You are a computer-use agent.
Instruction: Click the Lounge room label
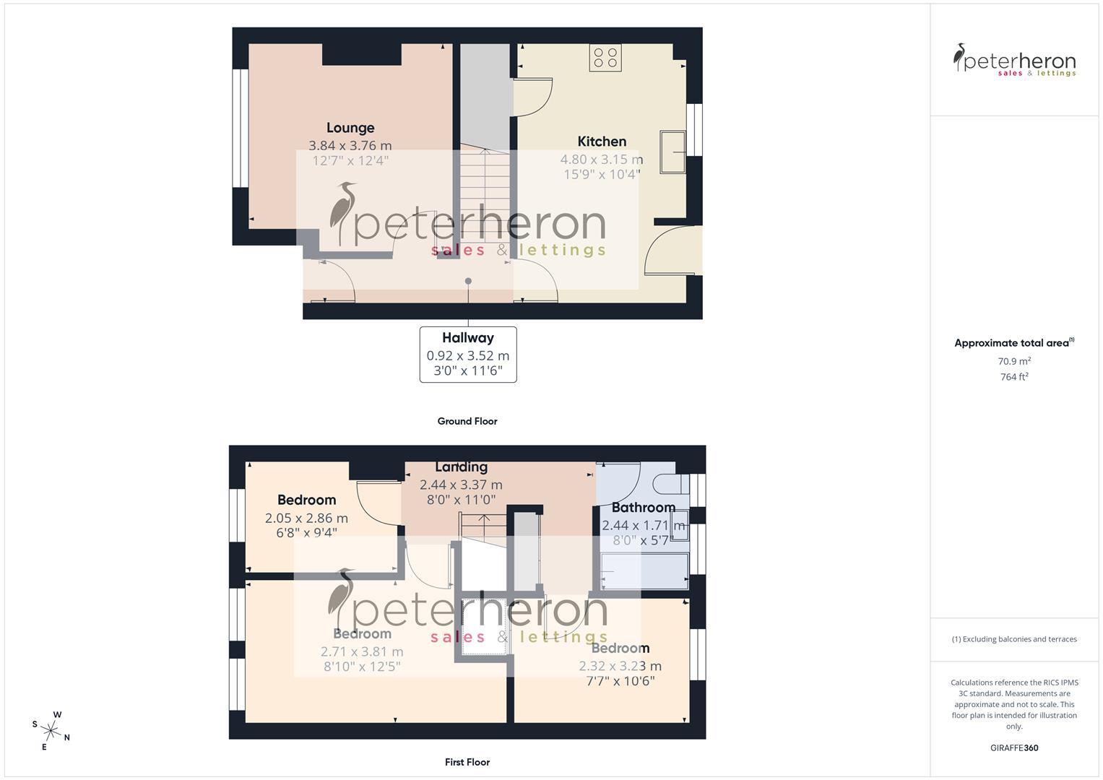tap(350, 128)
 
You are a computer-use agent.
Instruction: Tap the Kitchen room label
tap(602, 142)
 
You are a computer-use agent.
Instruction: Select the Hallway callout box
tap(468, 355)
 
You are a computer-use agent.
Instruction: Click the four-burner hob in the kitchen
tap(605, 58)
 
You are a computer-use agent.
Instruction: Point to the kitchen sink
tap(673, 152)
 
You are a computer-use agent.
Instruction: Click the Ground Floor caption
tap(467, 421)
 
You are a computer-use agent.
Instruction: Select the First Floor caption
tap(467, 762)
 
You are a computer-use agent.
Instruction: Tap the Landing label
tap(461, 467)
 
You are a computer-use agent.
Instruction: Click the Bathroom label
tap(643, 507)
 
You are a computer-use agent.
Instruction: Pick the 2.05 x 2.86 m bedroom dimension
tap(306, 518)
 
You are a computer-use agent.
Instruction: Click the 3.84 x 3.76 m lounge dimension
tap(350, 146)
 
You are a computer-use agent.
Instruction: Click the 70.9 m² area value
tap(1014, 361)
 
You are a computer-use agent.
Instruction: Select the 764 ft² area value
tap(1014, 377)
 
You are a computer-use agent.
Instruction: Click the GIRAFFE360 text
tap(1014, 747)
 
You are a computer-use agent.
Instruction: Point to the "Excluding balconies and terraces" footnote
tap(1014, 639)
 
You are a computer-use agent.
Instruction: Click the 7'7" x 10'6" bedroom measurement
tap(620, 680)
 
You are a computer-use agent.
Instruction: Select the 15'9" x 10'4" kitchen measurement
tap(602, 174)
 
